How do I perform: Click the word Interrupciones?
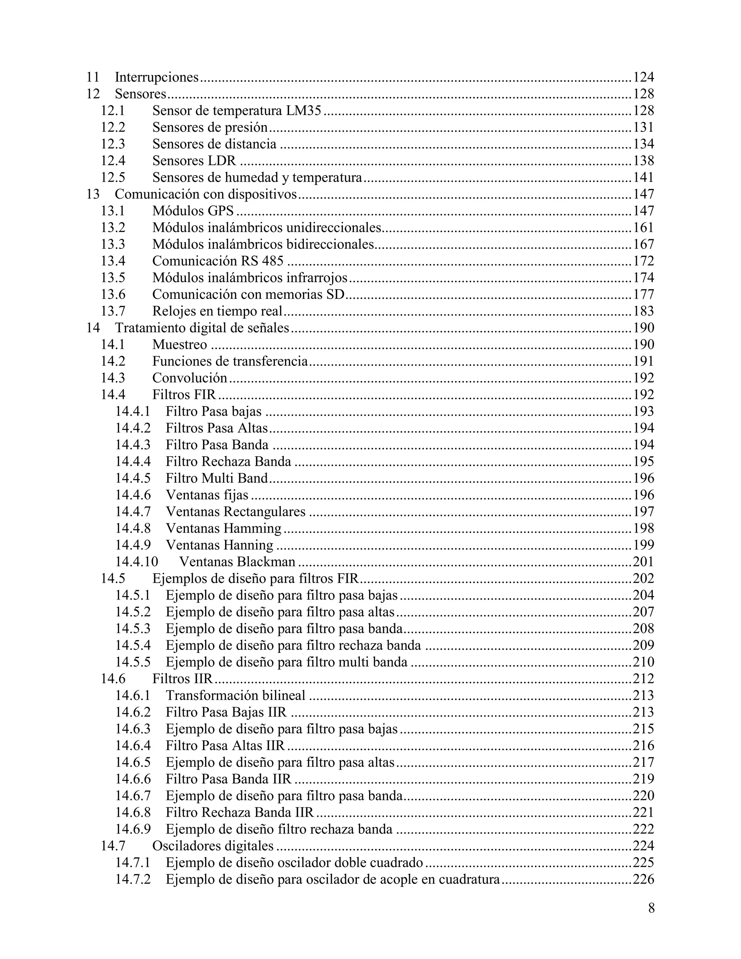pyautogui.click(x=157, y=77)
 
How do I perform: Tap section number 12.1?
pyautogui.click(x=113, y=111)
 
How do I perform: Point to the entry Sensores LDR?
pyautogui.click(x=194, y=161)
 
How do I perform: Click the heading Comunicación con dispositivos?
pyautogui.click(x=206, y=194)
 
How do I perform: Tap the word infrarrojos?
pyautogui.click(x=317, y=278)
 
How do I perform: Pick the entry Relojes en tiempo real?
pyautogui.click(x=217, y=311)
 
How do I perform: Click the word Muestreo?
pyautogui.click(x=179, y=345)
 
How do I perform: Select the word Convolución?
pyautogui.click(x=190, y=378)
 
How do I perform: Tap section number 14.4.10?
pyautogui.click(x=136, y=562)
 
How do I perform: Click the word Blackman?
pyautogui.click(x=266, y=562)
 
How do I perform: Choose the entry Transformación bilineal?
pyautogui.click(x=235, y=696)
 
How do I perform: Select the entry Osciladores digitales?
pyautogui.click(x=213, y=846)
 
